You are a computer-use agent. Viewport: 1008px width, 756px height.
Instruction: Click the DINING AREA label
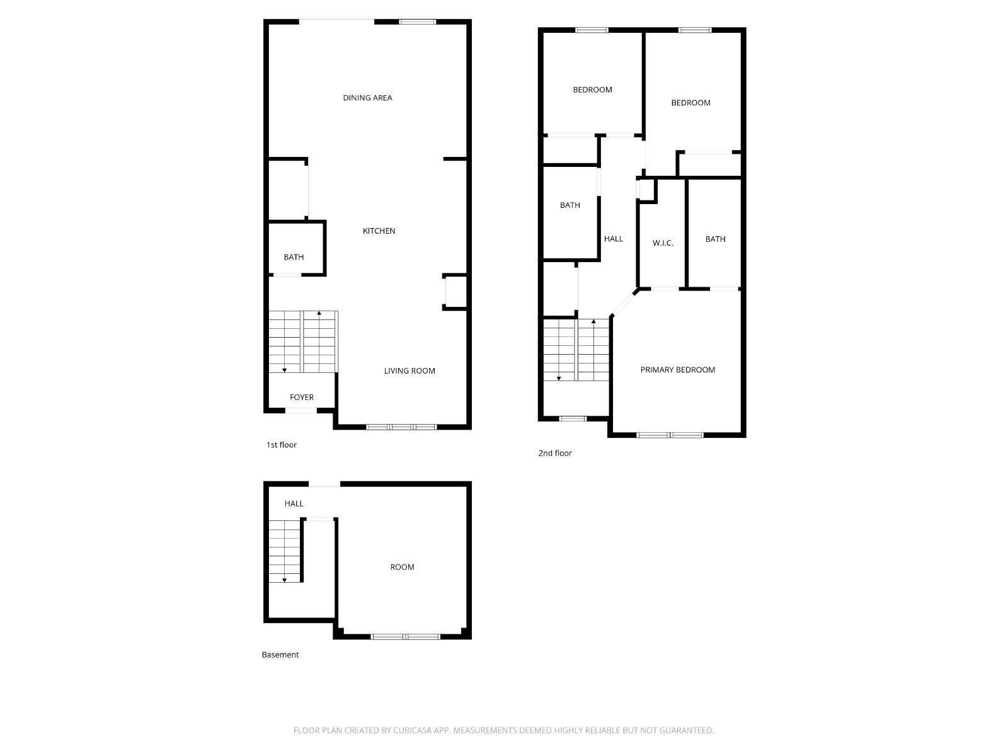(x=367, y=98)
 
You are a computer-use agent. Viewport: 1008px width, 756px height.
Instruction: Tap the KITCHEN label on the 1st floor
(x=379, y=231)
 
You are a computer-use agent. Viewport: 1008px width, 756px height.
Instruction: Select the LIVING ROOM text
(x=409, y=371)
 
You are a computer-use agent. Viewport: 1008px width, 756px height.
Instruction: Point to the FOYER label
(x=302, y=398)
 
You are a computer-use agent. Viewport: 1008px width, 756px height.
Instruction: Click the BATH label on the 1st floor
(x=294, y=257)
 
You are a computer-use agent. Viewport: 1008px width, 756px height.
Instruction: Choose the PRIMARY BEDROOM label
(x=678, y=370)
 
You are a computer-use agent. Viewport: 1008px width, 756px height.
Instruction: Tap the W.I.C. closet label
(x=663, y=243)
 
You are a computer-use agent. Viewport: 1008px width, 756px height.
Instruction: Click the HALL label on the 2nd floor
(x=614, y=239)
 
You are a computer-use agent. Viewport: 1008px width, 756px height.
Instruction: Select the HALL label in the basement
(x=294, y=503)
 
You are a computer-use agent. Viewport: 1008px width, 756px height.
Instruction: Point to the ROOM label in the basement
(x=403, y=568)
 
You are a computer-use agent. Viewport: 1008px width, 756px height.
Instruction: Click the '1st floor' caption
(x=282, y=445)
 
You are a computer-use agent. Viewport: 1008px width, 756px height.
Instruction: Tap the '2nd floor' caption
(x=555, y=453)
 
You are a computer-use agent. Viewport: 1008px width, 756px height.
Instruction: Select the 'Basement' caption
(x=280, y=655)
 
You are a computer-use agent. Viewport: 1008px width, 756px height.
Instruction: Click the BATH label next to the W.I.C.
(x=716, y=239)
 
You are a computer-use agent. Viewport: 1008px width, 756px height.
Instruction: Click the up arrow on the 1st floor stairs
(x=319, y=313)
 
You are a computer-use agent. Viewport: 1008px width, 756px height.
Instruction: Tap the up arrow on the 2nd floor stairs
(x=593, y=321)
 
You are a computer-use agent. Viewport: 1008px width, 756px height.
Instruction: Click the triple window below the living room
(x=401, y=427)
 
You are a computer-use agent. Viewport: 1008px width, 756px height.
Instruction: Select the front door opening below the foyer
(x=301, y=410)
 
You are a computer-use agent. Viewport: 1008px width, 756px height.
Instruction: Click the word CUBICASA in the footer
(x=412, y=730)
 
